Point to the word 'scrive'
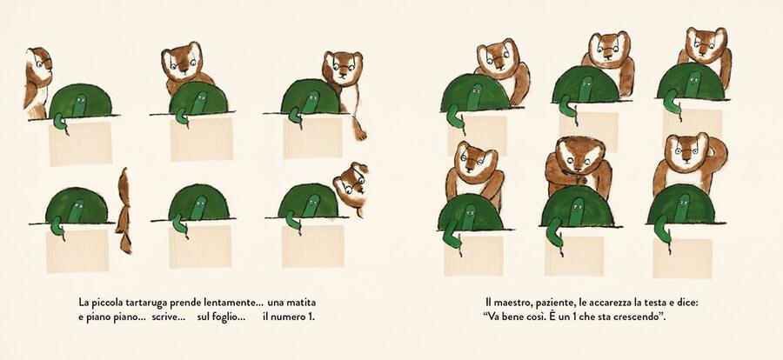pyautogui.click(x=168, y=317)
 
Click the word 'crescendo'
pyautogui.click(x=639, y=317)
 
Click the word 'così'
pyautogui.click(x=544, y=317)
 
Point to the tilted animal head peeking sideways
pyautogui.click(x=351, y=185)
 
